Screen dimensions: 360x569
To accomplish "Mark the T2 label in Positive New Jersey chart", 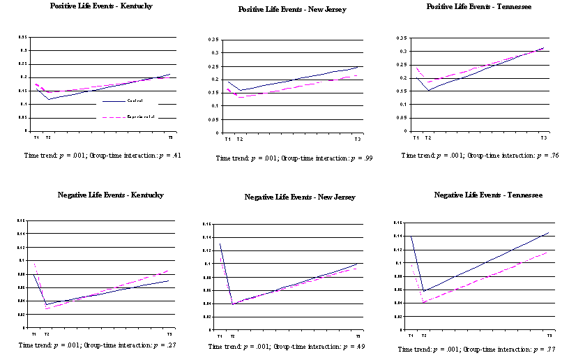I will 239,139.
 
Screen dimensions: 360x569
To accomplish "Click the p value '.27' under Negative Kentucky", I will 160,345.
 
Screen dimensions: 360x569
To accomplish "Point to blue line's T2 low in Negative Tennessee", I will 423,291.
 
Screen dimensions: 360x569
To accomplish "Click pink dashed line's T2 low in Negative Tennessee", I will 423,303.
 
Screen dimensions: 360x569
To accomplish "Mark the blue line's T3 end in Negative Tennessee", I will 549,232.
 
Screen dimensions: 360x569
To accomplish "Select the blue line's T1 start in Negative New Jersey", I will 220,243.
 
